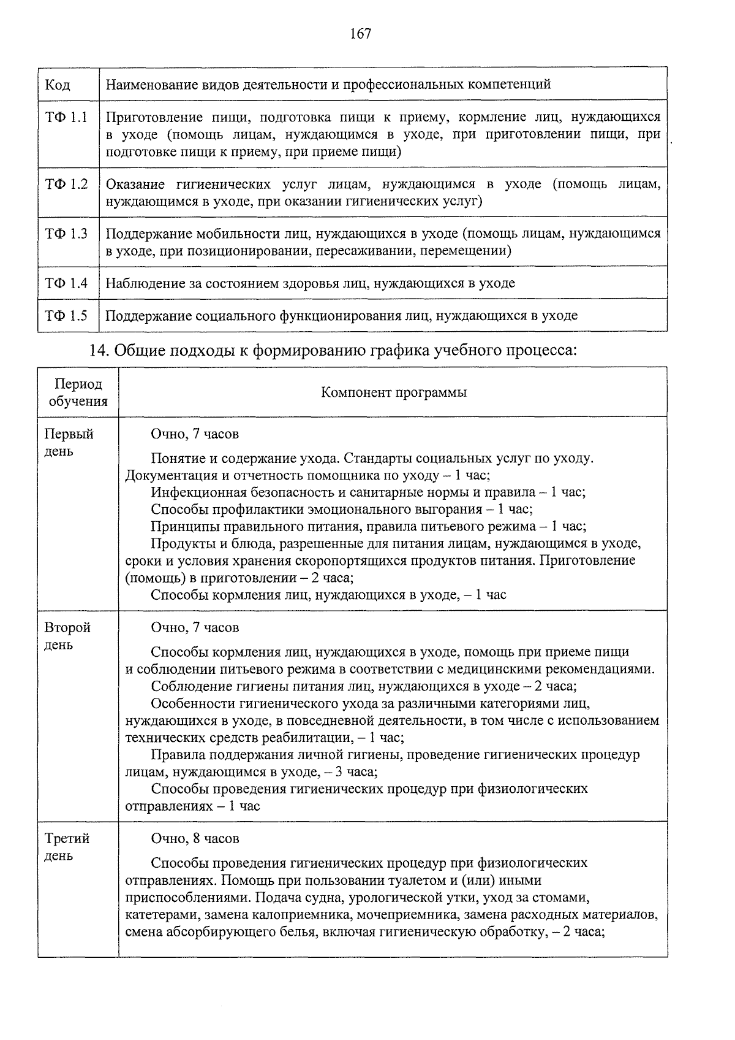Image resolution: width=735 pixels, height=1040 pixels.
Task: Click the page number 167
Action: click(360, 34)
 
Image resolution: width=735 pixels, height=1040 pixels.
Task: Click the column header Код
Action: click(58, 84)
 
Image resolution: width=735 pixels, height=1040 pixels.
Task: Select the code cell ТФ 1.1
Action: click(66, 117)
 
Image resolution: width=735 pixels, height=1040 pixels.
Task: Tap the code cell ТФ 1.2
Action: click(66, 184)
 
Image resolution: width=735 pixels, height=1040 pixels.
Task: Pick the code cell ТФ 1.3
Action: click(66, 234)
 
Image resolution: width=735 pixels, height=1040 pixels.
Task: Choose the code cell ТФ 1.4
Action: click(66, 283)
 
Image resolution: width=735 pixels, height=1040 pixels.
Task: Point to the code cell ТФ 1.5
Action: click(66, 316)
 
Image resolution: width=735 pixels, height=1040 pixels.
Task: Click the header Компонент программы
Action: click(393, 392)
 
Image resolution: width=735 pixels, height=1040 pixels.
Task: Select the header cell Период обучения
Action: click(78, 392)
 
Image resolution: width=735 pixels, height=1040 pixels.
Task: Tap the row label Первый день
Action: click(69, 442)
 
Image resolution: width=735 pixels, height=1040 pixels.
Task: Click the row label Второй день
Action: click(67, 636)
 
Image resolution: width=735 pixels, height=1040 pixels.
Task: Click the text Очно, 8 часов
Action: click(195, 838)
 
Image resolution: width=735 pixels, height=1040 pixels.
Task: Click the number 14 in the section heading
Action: click(98, 350)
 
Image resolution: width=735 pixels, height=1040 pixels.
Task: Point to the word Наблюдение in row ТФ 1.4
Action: click(143, 283)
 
